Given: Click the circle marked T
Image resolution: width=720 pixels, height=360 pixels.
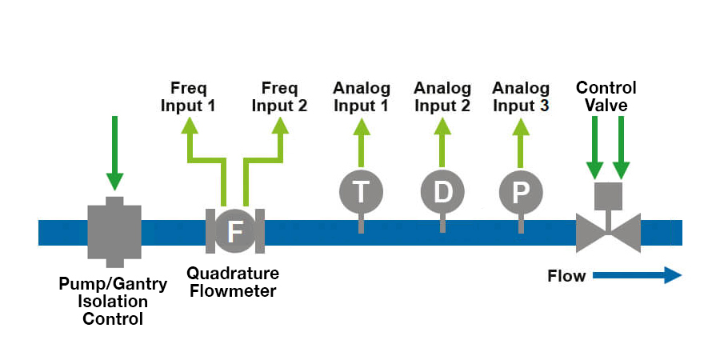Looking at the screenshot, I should (x=361, y=192).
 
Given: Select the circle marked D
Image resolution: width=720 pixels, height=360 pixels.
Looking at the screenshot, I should (x=442, y=192).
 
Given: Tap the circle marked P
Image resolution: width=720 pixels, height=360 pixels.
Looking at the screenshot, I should (x=521, y=192).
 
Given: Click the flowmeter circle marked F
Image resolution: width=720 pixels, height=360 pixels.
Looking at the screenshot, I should (x=235, y=231).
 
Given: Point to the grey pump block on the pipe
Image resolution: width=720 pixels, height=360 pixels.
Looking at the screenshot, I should (x=114, y=231).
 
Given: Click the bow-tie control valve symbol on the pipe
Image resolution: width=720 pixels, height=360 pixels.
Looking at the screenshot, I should (x=608, y=233).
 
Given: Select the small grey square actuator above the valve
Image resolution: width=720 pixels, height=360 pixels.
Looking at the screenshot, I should (x=608, y=195).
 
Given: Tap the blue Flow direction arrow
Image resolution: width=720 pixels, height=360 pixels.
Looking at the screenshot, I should (x=637, y=276).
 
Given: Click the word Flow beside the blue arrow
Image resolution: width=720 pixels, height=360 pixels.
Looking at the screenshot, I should (x=566, y=276).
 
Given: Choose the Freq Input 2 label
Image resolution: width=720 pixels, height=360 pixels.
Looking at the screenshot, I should (x=280, y=97).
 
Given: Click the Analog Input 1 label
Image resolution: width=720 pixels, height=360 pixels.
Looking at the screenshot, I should (x=362, y=97).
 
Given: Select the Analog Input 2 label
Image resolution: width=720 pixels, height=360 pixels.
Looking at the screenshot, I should (x=442, y=97).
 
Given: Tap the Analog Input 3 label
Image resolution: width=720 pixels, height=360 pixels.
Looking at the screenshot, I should (x=521, y=97).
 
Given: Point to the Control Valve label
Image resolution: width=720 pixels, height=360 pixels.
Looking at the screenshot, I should (x=606, y=97).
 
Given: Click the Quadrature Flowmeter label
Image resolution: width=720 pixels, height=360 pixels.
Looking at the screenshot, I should (x=232, y=282).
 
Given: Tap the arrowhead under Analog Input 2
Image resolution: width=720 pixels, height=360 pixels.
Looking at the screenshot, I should (x=442, y=126).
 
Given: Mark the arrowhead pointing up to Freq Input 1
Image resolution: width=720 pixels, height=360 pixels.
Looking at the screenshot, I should (x=189, y=126).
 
